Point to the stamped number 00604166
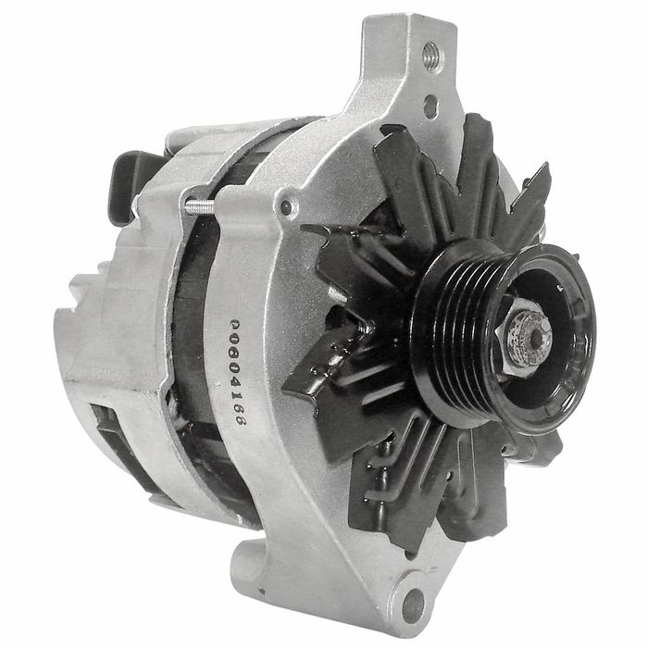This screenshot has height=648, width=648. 238,372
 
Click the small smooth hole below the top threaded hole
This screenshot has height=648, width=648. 430,101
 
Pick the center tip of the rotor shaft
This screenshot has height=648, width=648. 536,338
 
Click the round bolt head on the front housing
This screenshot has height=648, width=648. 286,206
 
